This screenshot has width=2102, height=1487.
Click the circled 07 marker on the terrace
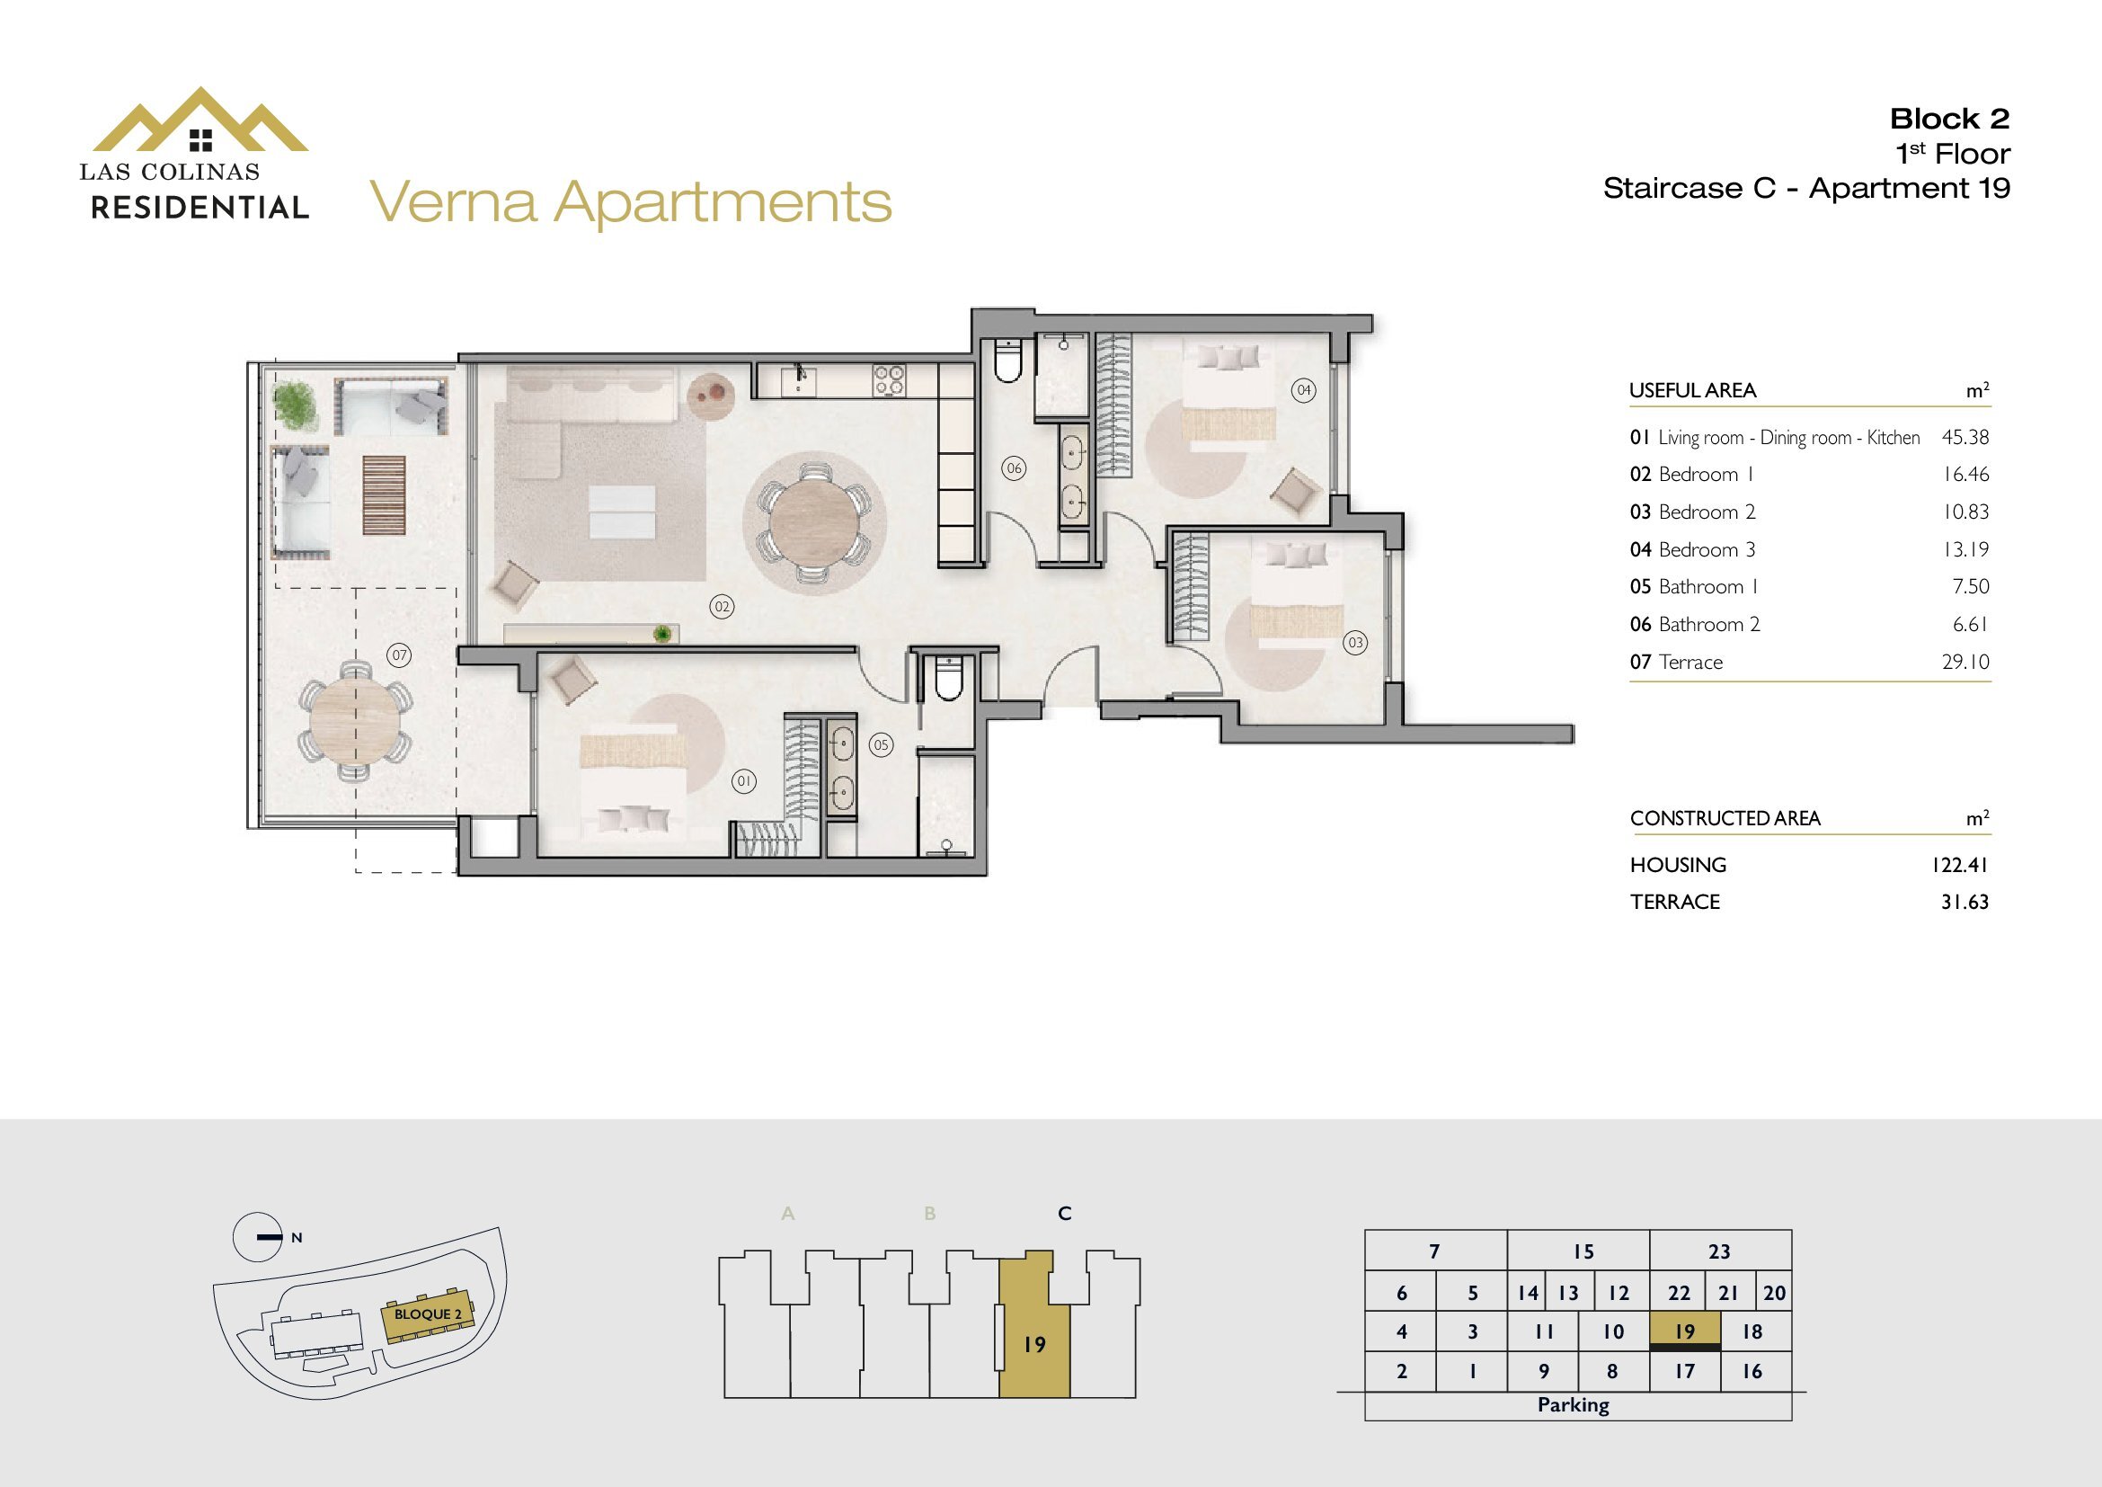[x=398, y=654]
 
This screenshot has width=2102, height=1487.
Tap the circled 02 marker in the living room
[x=722, y=606]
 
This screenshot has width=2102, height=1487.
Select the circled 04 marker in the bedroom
[x=1304, y=390]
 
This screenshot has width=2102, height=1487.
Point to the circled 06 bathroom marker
[x=1014, y=468]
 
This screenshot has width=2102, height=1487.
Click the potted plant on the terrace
[x=294, y=405]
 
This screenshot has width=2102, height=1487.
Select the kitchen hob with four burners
[x=888, y=380]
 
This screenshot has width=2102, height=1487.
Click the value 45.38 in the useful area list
[x=1965, y=437]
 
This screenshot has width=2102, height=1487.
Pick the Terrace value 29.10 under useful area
[x=1965, y=662]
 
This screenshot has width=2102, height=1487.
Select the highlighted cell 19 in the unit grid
[x=1684, y=1331]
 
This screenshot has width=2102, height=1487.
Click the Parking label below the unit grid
[x=1573, y=1404]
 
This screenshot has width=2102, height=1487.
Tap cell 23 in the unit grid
[x=1719, y=1251]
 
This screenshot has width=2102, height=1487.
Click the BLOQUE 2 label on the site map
[x=428, y=1314]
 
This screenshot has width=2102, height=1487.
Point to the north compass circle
[x=258, y=1237]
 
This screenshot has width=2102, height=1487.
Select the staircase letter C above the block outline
[x=1064, y=1213]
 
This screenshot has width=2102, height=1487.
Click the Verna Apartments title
[x=631, y=203]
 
